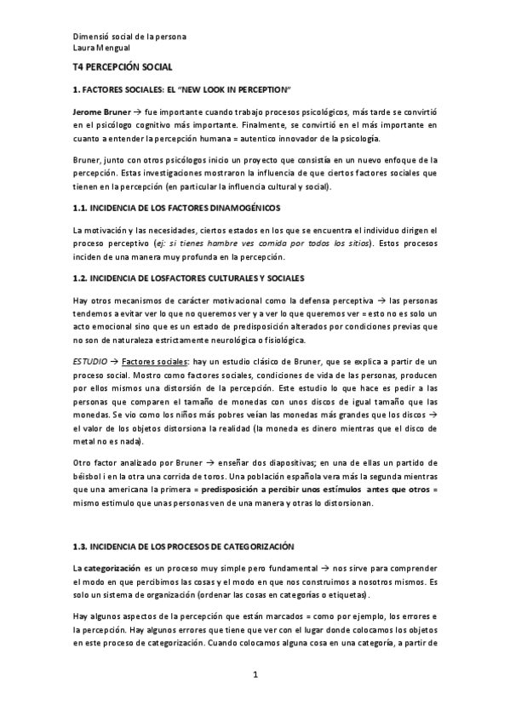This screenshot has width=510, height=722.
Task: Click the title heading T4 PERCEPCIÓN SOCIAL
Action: point(123,66)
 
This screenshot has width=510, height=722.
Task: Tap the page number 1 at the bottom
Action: point(255,676)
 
